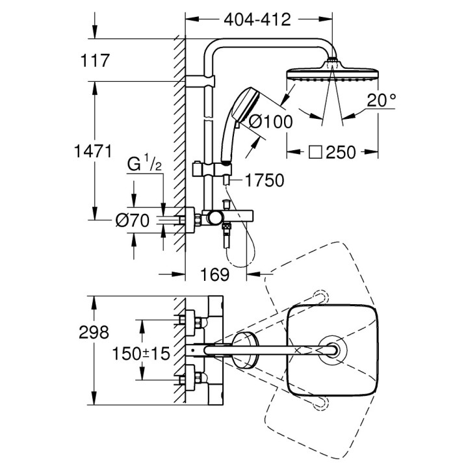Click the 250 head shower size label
(341, 153)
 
